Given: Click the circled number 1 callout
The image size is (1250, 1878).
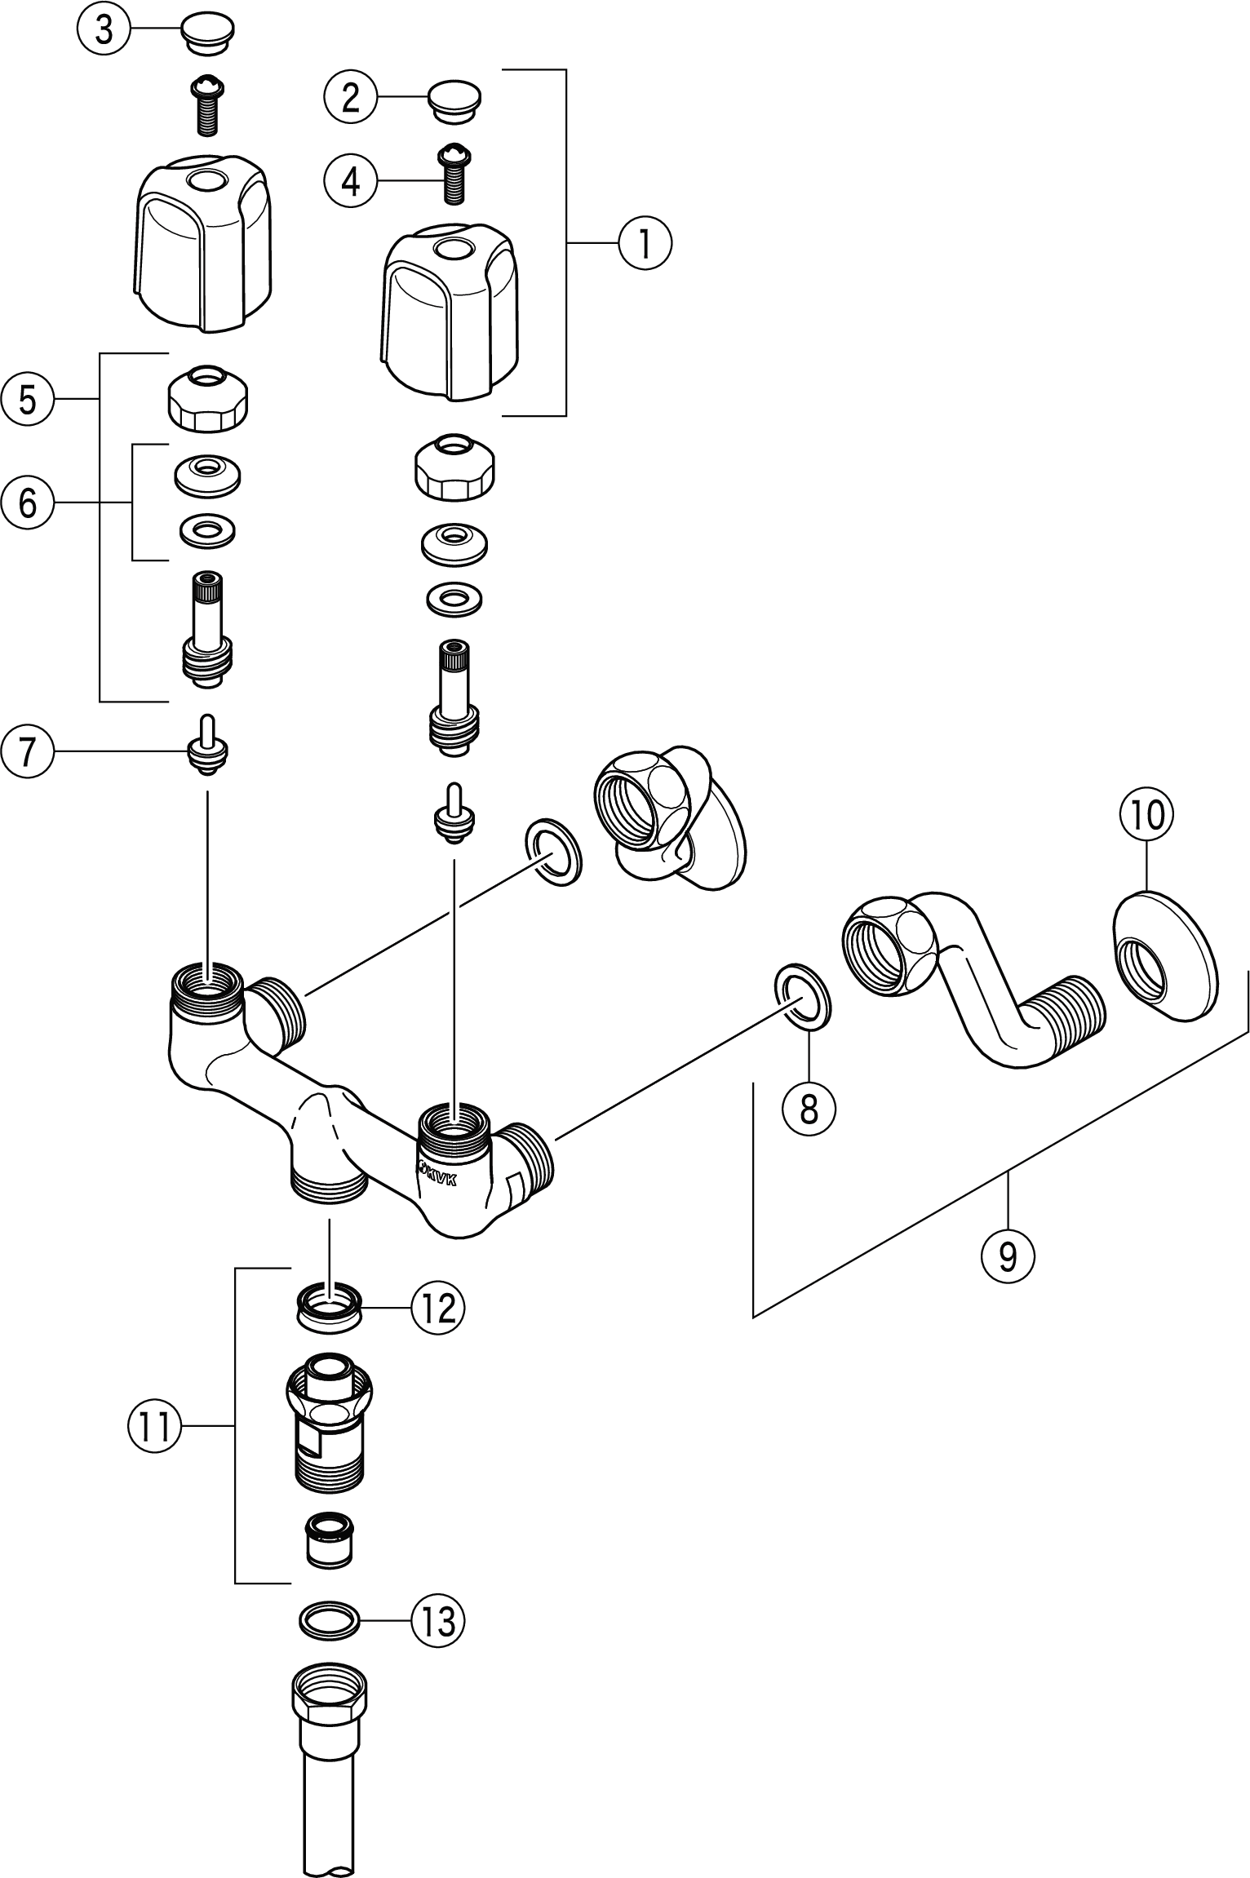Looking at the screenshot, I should pyautogui.click(x=645, y=242).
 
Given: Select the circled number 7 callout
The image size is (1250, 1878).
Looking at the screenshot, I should pyautogui.click(x=28, y=751).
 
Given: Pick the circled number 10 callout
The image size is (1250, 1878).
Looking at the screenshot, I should pyautogui.click(x=1146, y=815).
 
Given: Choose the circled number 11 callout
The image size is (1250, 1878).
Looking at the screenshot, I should pyautogui.click(x=154, y=1427).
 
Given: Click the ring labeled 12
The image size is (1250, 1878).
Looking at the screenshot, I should pyautogui.click(x=329, y=1309).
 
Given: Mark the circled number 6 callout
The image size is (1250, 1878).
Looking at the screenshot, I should pyautogui.click(x=28, y=503).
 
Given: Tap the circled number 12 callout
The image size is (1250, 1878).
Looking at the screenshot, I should pyautogui.click(x=437, y=1309).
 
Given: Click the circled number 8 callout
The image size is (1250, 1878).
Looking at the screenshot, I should pyautogui.click(x=809, y=1108).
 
